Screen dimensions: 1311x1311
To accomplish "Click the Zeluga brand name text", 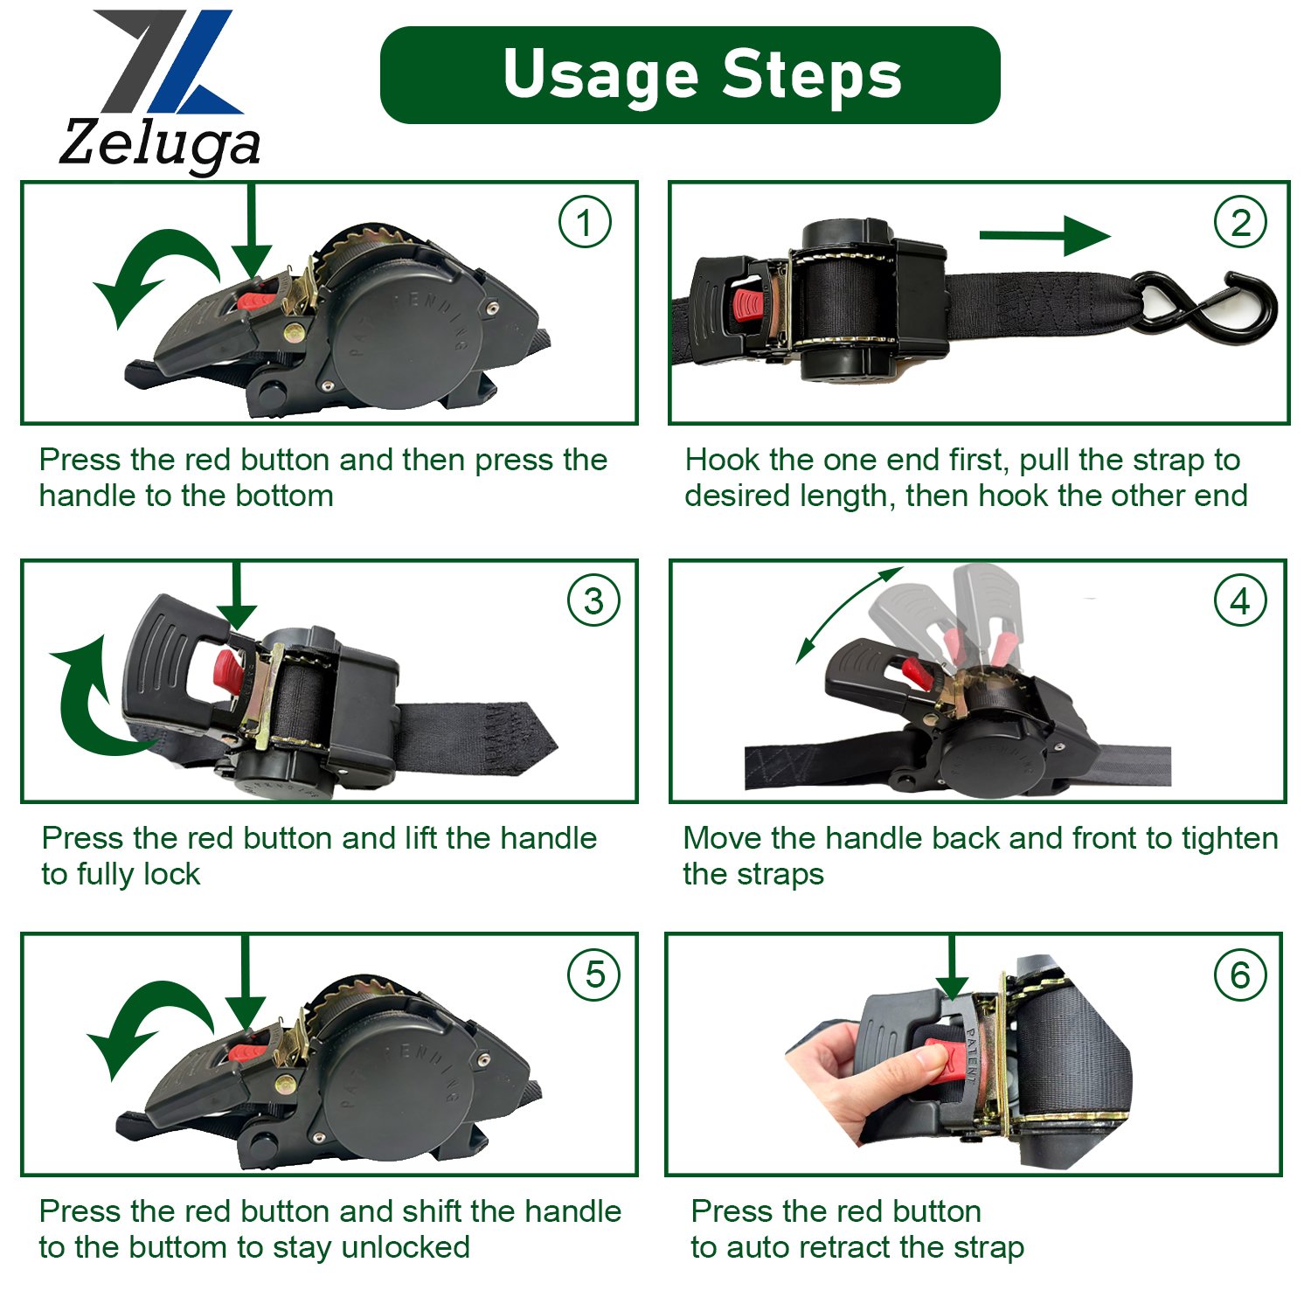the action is point(160,143).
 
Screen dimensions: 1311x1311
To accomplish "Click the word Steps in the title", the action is point(812,75).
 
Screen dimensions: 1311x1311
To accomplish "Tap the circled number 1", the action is point(585,222).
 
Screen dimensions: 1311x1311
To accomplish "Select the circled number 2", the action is point(1240,222).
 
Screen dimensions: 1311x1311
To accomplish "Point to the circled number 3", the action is point(593,600).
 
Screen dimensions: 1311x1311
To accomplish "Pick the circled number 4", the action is point(1240,600).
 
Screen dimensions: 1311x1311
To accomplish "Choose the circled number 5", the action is point(593,975).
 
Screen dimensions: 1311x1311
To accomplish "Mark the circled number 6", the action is point(1240,975).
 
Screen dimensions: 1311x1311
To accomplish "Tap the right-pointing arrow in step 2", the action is point(1044,235).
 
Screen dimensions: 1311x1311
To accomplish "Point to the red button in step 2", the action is point(748,305).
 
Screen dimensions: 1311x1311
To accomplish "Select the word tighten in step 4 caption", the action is point(1230,839).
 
